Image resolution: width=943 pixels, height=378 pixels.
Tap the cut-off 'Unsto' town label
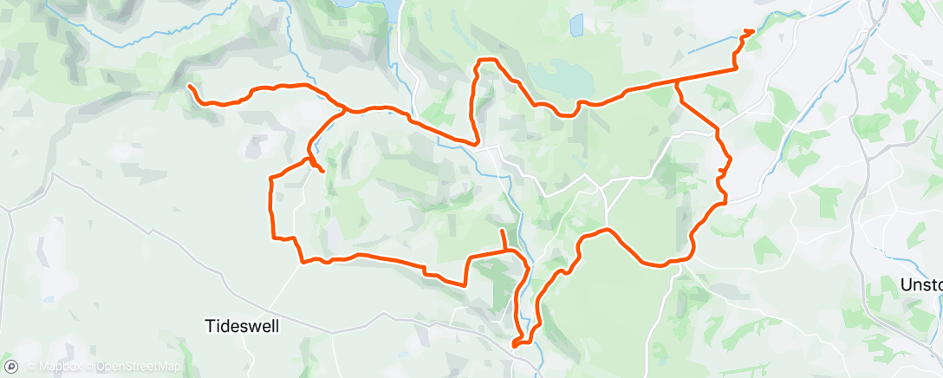[920, 284]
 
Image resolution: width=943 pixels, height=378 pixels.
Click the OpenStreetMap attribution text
[139, 367]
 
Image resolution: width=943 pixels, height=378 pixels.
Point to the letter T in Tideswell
[209, 325]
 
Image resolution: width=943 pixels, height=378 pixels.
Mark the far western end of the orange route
[190, 85]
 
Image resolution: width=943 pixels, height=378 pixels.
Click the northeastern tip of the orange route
[752, 30]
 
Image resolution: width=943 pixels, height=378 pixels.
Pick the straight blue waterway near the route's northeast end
[711, 45]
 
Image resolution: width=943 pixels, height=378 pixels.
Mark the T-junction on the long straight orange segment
[676, 81]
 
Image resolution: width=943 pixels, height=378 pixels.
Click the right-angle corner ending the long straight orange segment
[735, 68]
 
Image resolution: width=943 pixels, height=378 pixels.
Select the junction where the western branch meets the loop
[346, 110]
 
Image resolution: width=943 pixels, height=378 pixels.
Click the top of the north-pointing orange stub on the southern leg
[502, 231]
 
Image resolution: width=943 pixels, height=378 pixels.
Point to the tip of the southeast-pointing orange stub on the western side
[323, 171]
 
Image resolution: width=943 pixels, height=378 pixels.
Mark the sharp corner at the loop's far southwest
[274, 237]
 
